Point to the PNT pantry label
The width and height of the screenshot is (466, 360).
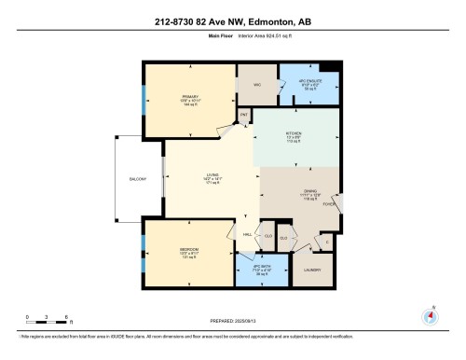pyautogui.click(x=243, y=115)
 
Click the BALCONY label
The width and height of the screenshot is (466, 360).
pyautogui.click(x=139, y=179)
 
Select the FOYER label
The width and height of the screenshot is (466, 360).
pyautogui.click(x=328, y=204)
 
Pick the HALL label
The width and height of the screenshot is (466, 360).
pyautogui.click(x=247, y=234)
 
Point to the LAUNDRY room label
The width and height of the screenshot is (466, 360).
pyautogui.click(x=310, y=270)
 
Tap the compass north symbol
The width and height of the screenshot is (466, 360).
pyautogui.click(x=430, y=315)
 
